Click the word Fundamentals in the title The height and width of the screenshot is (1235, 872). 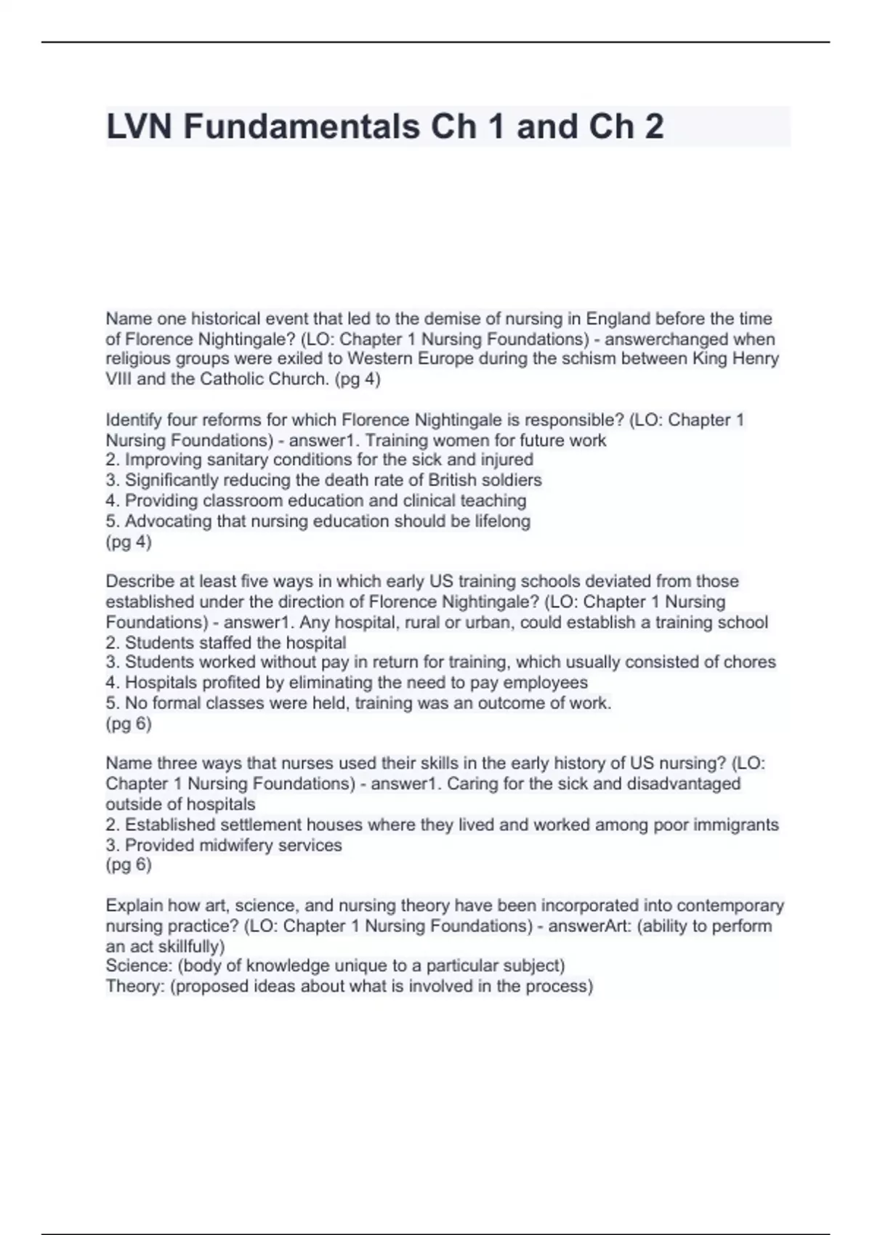click(x=301, y=127)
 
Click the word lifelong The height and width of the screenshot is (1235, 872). click(x=501, y=522)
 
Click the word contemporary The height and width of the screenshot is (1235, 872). click(x=733, y=906)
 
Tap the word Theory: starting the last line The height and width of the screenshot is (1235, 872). click(x=135, y=987)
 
